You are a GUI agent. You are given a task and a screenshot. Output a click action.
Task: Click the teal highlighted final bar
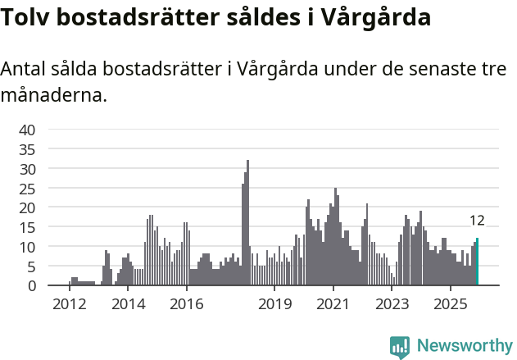coord(477,262)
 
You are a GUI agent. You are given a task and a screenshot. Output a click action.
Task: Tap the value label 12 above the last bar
coord(477,221)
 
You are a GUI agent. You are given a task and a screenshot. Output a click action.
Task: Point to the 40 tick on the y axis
coord(27,130)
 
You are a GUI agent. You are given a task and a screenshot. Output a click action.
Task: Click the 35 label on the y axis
coord(27,149)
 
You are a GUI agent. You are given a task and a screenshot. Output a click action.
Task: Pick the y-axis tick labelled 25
coord(27,188)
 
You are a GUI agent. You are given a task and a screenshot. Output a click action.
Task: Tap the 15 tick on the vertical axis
coord(27,227)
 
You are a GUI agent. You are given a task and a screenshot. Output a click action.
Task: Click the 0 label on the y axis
coord(31,285)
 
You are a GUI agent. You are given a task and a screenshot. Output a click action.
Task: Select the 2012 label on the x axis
coord(69,304)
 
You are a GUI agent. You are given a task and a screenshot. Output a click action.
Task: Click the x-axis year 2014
coord(128,304)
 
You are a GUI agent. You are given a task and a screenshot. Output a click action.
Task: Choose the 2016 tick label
coord(187,304)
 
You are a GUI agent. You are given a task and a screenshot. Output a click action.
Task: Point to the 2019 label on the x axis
coord(274,304)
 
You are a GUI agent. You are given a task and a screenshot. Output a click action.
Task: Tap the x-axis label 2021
coord(333,304)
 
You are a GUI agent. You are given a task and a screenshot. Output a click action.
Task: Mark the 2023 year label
coord(392,304)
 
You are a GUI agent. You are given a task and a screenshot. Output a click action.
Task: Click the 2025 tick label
coord(451,304)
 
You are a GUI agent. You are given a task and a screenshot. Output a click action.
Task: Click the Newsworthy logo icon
coord(400,347)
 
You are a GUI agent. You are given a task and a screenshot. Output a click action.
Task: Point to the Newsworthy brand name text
coord(465,346)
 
